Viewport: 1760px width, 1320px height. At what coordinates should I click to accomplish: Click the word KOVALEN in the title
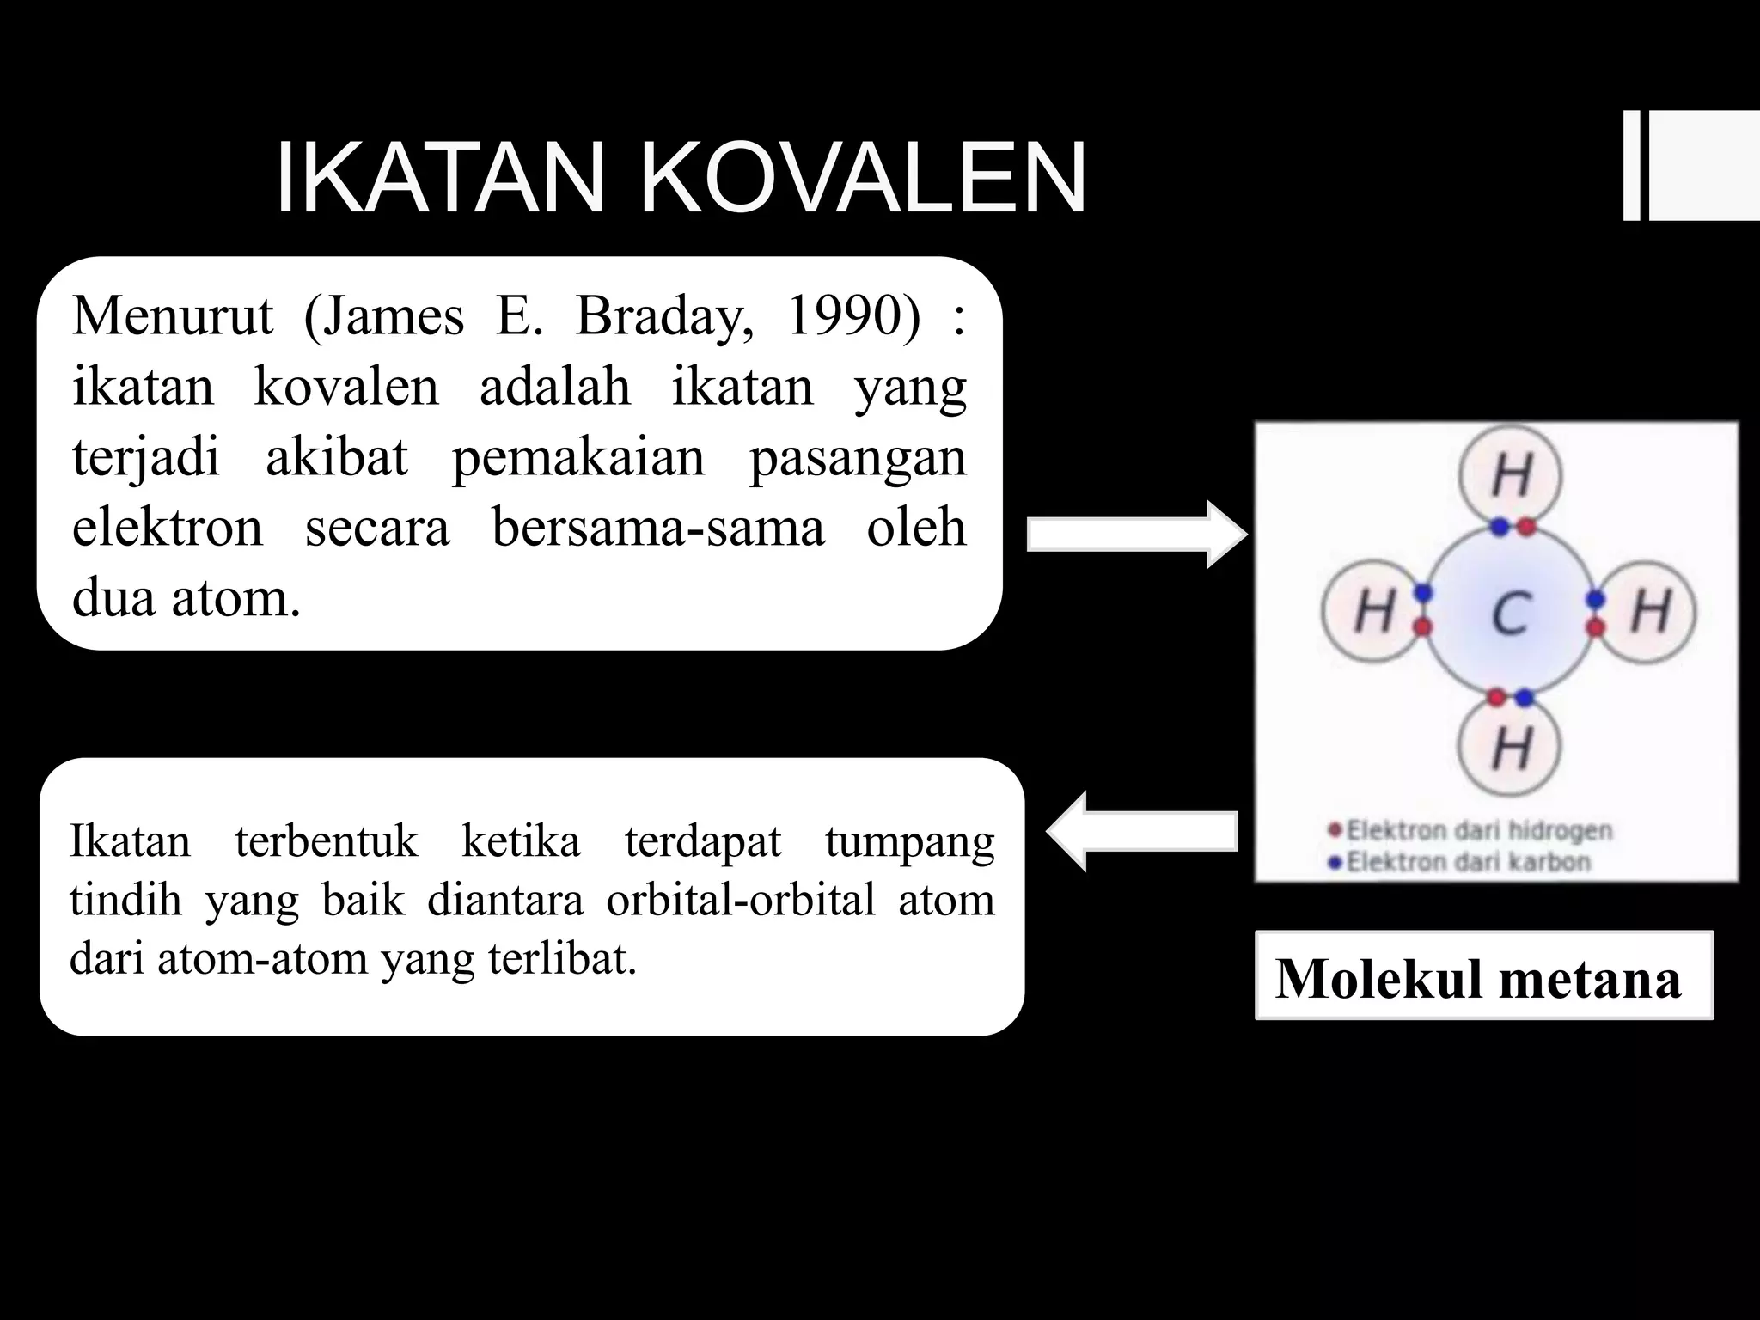(863, 179)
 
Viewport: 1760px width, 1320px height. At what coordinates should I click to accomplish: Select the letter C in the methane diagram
(1510, 613)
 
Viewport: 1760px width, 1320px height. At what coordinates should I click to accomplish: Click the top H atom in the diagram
(1512, 475)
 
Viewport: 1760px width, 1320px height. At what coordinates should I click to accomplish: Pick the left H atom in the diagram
(1373, 612)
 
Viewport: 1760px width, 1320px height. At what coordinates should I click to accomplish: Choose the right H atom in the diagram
(1650, 612)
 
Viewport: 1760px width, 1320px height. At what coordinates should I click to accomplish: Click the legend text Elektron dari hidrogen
(1478, 830)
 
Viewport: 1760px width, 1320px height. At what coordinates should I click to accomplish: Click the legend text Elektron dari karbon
(1468, 861)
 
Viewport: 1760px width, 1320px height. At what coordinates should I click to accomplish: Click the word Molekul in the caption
(1378, 979)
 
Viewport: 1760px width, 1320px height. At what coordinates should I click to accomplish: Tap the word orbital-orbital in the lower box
(740, 900)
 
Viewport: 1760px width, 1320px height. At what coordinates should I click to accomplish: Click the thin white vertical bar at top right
(1631, 166)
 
